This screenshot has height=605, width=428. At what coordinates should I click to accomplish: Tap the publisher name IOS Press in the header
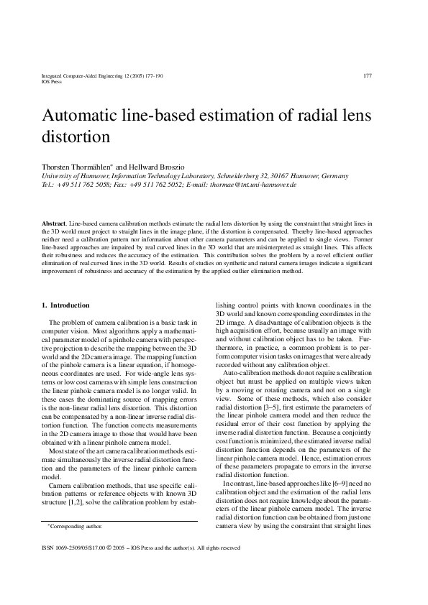(52, 81)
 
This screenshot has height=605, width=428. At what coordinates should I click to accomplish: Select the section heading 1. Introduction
(66, 305)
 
